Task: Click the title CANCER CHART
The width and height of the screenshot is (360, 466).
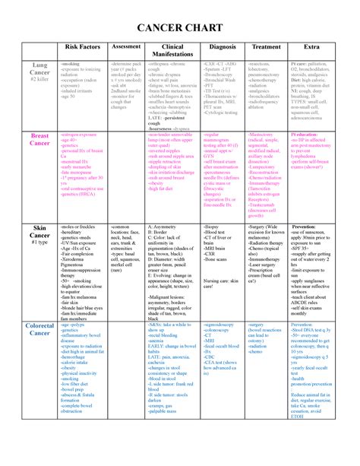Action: click(x=179, y=29)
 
